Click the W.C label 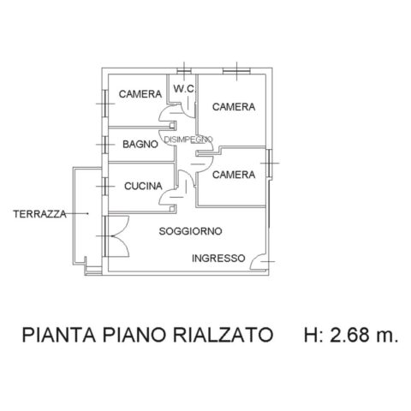click(x=184, y=89)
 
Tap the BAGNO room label click(x=140, y=144)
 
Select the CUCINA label click(x=143, y=186)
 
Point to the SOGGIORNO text click(x=190, y=231)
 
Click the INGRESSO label click(x=218, y=259)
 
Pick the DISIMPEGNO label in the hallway click(x=188, y=140)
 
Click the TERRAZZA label click(x=39, y=214)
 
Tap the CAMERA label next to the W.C click(x=140, y=94)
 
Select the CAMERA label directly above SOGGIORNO click(x=234, y=175)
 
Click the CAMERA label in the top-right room click(x=234, y=107)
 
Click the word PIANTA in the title click(x=59, y=335)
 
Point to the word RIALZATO click(x=223, y=335)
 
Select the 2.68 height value click(x=349, y=335)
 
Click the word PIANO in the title click(x=134, y=335)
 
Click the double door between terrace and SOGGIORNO click(x=117, y=236)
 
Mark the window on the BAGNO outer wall click(x=105, y=145)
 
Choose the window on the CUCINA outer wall click(x=105, y=187)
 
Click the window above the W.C click(x=184, y=71)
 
